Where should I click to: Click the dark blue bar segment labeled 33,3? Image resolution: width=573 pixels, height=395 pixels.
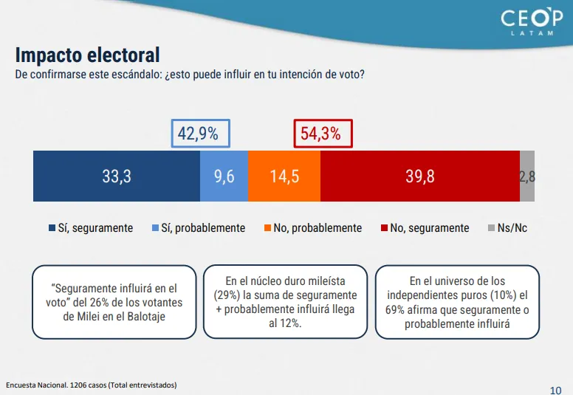(117, 176)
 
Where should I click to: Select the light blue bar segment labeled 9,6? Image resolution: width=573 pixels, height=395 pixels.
(224, 176)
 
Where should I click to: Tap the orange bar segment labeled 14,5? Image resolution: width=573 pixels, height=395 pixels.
(284, 176)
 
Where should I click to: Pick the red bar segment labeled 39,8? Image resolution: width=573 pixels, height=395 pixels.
(419, 176)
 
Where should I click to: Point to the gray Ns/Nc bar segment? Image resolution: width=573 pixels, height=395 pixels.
(527, 176)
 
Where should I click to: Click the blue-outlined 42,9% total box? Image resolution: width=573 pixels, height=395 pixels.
(200, 134)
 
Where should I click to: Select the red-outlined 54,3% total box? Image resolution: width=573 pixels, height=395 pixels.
(323, 134)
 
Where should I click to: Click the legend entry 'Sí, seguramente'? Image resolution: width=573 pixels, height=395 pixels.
(91, 228)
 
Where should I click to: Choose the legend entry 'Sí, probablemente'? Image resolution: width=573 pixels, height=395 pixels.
(198, 228)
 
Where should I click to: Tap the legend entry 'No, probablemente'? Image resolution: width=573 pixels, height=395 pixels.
(312, 228)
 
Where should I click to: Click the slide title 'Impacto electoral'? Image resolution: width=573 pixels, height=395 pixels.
(88, 55)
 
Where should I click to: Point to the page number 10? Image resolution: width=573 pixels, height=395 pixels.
(556, 388)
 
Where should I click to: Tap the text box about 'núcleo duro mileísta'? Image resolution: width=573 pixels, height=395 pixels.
(285, 302)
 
